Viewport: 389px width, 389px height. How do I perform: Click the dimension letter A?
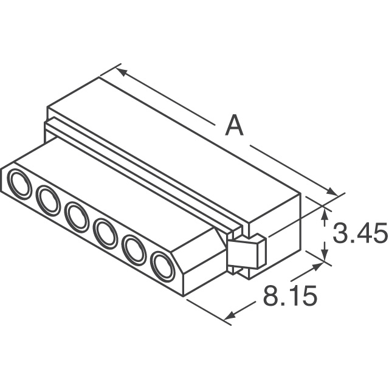click(x=234, y=127)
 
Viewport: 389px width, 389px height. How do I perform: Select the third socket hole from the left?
click(x=77, y=217)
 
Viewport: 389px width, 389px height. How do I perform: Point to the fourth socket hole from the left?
click(x=105, y=233)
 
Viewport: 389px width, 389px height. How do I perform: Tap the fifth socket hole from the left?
click(x=134, y=249)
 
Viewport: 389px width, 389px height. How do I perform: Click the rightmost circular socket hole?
click(x=162, y=266)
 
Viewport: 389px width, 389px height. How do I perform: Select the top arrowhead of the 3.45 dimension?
click(x=325, y=212)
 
